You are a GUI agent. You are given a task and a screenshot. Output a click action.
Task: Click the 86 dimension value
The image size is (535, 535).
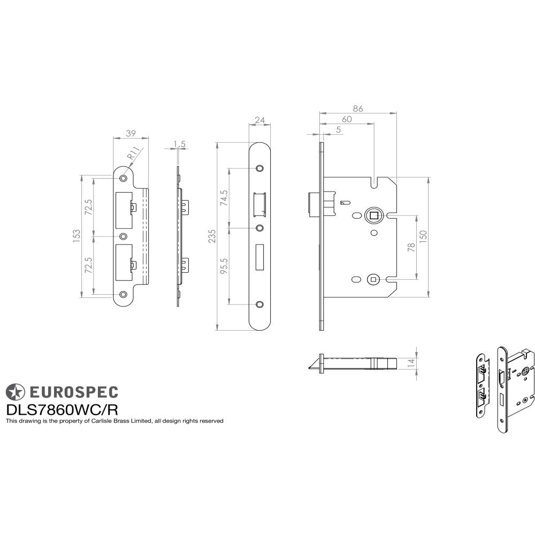pos(358,109)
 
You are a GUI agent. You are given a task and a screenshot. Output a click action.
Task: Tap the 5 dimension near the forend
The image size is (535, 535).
pos(339,129)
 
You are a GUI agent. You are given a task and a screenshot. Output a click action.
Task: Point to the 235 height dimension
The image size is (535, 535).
pos(212,236)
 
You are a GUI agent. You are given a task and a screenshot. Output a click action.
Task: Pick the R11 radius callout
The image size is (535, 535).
pos(133,156)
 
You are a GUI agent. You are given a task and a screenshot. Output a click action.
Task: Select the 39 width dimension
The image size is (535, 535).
pos(130,133)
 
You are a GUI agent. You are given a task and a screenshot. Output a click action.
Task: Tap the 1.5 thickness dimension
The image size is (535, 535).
pos(180,144)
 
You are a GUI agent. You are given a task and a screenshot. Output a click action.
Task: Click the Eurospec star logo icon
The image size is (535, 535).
pos(14,392)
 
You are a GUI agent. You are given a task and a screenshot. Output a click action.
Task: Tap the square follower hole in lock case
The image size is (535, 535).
pos(373,216)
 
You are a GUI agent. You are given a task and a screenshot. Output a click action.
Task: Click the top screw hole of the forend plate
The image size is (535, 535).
pos(260,169)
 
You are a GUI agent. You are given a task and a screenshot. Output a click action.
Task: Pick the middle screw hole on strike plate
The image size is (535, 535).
pos(124,236)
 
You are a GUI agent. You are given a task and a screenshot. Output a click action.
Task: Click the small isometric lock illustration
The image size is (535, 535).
pos(505,384)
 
